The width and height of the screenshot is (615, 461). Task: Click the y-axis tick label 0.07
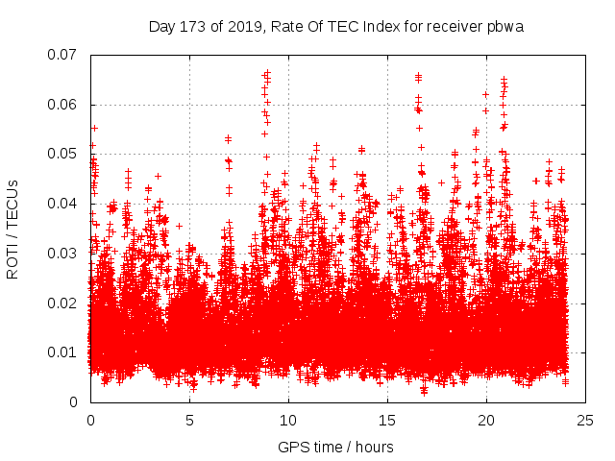[62, 55]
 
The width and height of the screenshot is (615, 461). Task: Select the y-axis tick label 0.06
[62, 105]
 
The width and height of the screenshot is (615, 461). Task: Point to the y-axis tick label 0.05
[62, 154]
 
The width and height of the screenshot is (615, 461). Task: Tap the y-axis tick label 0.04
[62, 204]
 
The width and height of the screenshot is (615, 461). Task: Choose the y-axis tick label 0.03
[62, 254]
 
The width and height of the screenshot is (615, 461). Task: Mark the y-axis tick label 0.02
[62, 303]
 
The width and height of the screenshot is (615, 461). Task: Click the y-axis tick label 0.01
[62, 352]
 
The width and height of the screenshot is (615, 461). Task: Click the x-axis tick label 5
[189, 421]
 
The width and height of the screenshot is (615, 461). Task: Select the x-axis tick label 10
[288, 421]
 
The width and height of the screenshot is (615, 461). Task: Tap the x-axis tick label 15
[387, 421]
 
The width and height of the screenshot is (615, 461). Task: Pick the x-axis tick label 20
[486, 421]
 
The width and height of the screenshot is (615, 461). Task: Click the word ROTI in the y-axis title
[13, 262]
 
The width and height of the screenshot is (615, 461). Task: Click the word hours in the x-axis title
[375, 447]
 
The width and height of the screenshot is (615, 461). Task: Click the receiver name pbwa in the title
[505, 26]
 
